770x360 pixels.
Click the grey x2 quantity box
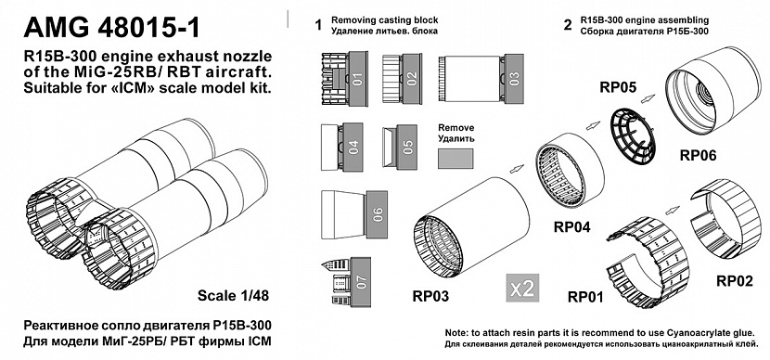pyautogui.click(x=522, y=288)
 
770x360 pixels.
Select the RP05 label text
pyautogui.click(x=618, y=87)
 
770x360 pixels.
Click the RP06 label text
pyautogui.click(x=698, y=156)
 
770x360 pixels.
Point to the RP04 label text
pyautogui.click(x=571, y=227)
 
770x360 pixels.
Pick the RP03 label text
pyautogui.click(x=430, y=296)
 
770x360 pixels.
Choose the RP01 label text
pyautogui.click(x=585, y=297)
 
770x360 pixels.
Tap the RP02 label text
pyautogui.click(x=735, y=281)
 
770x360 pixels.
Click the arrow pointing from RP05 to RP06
pyautogui.click(x=648, y=99)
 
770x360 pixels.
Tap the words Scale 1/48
pyautogui.click(x=233, y=295)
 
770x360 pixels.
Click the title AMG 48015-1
pyautogui.click(x=112, y=27)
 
